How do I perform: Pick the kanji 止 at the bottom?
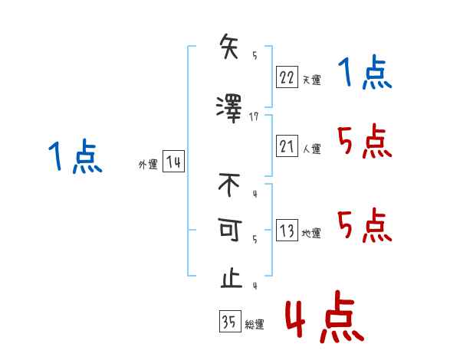pyautogui.click(x=230, y=277)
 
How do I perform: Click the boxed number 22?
pyautogui.click(x=287, y=77)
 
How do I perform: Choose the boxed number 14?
pyautogui.click(x=173, y=162)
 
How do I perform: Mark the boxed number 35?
pyautogui.click(x=229, y=322)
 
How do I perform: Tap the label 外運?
pyautogui.click(x=147, y=165)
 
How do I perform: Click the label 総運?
pyautogui.click(x=254, y=325)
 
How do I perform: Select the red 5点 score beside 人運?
pyautogui.click(x=364, y=141)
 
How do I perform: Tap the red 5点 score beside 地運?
pyautogui.click(x=364, y=225)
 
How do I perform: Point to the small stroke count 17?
pyautogui.click(x=255, y=116)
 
